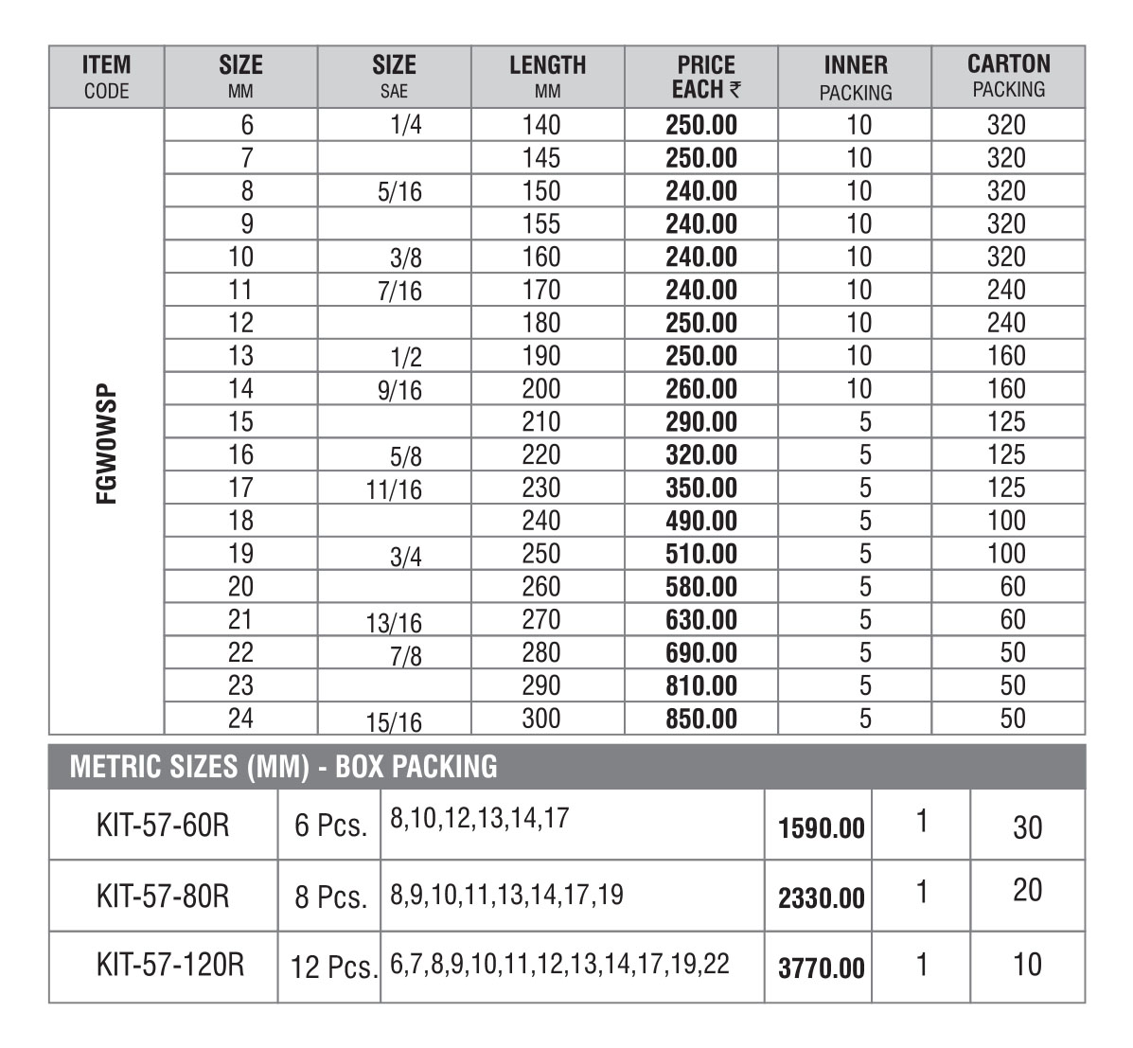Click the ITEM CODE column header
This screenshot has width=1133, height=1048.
(x=106, y=77)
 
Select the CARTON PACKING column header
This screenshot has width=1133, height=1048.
(x=1008, y=77)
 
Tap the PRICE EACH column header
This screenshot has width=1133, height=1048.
(x=705, y=77)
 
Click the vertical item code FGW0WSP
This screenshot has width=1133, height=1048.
(x=106, y=443)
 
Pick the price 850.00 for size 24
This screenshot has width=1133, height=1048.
(x=701, y=719)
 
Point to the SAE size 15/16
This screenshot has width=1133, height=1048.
(x=394, y=723)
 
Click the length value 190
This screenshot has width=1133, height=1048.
(x=541, y=356)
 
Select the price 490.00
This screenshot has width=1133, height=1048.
(x=701, y=521)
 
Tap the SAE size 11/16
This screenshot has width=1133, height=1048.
(x=394, y=490)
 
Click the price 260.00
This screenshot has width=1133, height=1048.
(x=701, y=389)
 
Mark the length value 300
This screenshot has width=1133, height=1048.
(x=541, y=719)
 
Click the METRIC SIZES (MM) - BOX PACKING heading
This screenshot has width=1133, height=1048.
(x=283, y=766)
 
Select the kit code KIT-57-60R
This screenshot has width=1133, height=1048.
(x=163, y=825)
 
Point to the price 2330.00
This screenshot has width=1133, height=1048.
(x=821, y=897)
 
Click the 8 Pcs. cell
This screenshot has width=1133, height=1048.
(x=330, y=897)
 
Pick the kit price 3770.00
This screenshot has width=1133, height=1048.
(x=821, y=968)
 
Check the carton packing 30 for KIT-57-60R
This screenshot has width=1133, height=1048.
(x=1027, y=827)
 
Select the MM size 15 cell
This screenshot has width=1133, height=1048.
(x=241, y=422)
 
